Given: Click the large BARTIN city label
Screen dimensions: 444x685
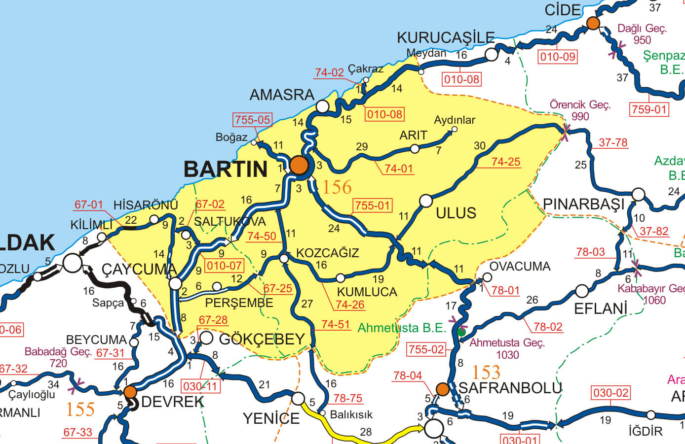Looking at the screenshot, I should (x=226, y=170).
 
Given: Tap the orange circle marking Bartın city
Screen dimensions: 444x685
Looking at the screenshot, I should (x=299, y=165).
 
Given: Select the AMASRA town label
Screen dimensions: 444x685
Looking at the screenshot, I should (x=282, y=95).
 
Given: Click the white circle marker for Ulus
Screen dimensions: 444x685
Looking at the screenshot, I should (x=425, y=201).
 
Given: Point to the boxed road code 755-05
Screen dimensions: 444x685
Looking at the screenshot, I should (x=252, y=120).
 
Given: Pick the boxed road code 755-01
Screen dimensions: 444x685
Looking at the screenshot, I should (x=372, y=205).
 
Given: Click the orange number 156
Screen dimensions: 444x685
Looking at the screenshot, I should (x=337, y=187).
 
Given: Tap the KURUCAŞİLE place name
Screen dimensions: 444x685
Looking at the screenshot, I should (x=446, y=37).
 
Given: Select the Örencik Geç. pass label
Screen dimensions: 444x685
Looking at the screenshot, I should (x=580, y=105).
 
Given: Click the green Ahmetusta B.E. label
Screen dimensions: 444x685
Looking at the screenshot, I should (x=401, y=328).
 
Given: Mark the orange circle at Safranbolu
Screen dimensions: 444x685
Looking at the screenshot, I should (x=443, y=389).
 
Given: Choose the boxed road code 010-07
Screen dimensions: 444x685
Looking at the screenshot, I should (x=225, y=266).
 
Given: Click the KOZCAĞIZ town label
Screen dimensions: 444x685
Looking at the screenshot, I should (x=328, y=253).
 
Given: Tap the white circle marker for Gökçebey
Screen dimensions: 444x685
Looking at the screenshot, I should (x=206, y=338).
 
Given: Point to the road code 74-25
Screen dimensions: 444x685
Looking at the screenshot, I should (x=506, y=162).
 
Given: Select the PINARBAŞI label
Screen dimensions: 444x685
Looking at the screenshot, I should (x=583, y=204).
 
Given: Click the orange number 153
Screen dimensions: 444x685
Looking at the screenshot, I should (x=486, y=372).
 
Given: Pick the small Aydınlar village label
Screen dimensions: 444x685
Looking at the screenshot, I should (x=455, y=120).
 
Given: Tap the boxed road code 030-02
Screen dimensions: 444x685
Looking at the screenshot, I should (x=610, y=393).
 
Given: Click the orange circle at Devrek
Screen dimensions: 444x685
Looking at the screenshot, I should (x=130, y=392).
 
